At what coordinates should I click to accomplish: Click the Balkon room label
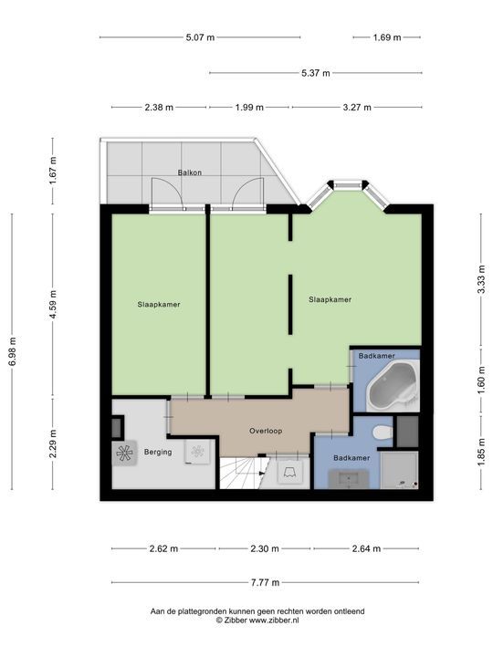coord(190,172)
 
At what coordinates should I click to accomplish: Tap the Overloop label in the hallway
coord(266,431)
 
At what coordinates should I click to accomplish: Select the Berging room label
coord(158,452)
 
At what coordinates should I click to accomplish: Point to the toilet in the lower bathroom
coord(382,433)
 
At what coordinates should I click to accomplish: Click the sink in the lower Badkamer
coord(349,479)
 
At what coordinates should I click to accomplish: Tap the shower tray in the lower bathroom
coord(400,470)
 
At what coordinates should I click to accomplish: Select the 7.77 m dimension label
coord(265,582)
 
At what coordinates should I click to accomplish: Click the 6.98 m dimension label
coord(12,351)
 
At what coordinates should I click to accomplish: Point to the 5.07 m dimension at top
coord(200,37)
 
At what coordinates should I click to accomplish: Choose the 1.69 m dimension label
coord(387,37)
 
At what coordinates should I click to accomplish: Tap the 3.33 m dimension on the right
coord(482,279)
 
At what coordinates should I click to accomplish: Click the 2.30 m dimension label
coord(265,548)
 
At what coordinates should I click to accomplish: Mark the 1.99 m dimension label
coord(249,108)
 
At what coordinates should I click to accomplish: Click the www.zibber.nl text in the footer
coord(274,620)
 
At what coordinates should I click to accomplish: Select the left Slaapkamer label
coord(159,305)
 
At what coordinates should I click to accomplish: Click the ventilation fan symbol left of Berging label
coord(124,453)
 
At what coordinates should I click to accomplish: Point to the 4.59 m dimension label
coord(53,305)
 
